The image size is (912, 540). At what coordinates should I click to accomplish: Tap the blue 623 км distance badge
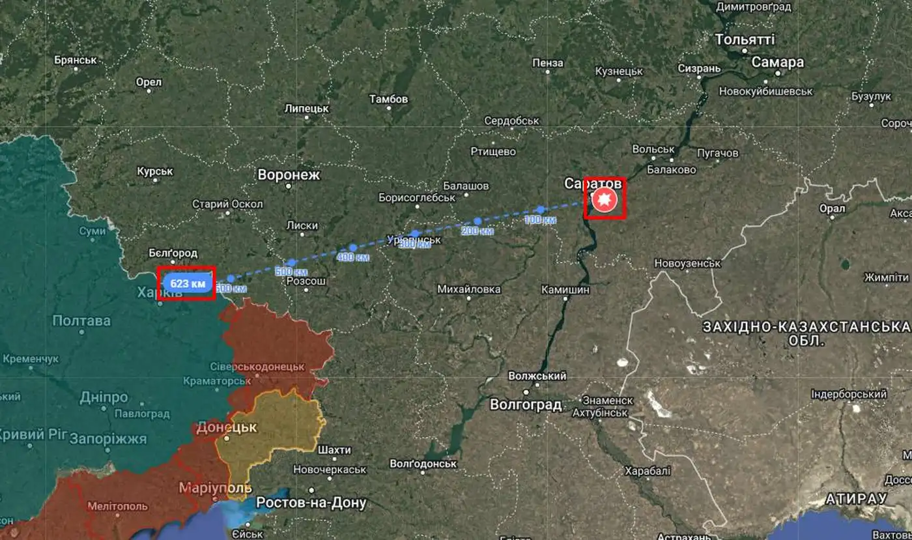[x=188, y=283]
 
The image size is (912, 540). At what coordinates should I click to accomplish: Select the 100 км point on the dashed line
[x=540, y=210]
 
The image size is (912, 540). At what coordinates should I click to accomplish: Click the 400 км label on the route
[x=354, y=258]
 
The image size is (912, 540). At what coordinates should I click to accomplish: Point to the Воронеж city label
[x=289, y=175]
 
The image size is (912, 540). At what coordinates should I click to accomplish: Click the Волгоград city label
[x=525, y=405]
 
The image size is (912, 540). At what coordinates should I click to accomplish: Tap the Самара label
[x=778, y=63]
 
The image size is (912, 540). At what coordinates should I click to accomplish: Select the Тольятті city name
[x=745, y=40]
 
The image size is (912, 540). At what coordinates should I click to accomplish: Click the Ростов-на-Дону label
[x=311, y=503]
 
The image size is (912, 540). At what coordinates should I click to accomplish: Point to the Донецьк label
[x=227, y=428]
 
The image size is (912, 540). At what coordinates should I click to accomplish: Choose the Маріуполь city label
[x=215, y=488]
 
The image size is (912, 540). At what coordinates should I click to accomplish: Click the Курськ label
[x=155, y=171]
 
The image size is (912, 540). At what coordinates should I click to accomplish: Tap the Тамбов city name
[x=388, y=100]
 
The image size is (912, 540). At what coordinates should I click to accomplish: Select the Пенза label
[x=547, y=63]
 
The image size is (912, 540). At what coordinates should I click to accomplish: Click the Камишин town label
[x=565, y=289]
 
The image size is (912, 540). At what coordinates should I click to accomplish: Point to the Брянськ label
[x=76, y=60]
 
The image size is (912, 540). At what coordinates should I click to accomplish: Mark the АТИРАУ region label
[x=856, y=499]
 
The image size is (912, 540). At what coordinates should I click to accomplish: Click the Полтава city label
[x=81, y=320]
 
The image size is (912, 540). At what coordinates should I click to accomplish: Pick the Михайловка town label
[x=469, y=289]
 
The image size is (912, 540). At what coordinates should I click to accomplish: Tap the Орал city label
[x=832, y=208]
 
